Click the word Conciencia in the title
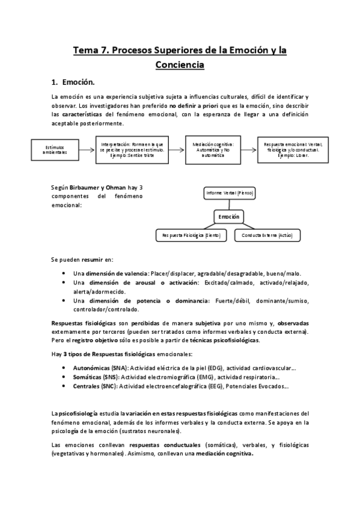click(180, 64)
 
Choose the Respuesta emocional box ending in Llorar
click(292, 149)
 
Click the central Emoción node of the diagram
click(228, 217)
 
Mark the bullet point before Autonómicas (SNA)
click(65, 366)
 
